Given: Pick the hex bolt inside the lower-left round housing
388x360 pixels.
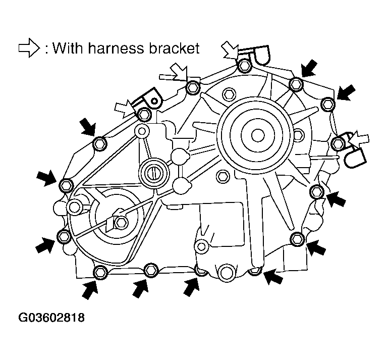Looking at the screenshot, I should point(119,221).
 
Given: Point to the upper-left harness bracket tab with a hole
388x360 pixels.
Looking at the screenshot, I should point(152,97).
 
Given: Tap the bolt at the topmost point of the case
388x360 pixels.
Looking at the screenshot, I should point(245,66).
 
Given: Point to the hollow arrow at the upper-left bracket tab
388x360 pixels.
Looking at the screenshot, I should point(124,107).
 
